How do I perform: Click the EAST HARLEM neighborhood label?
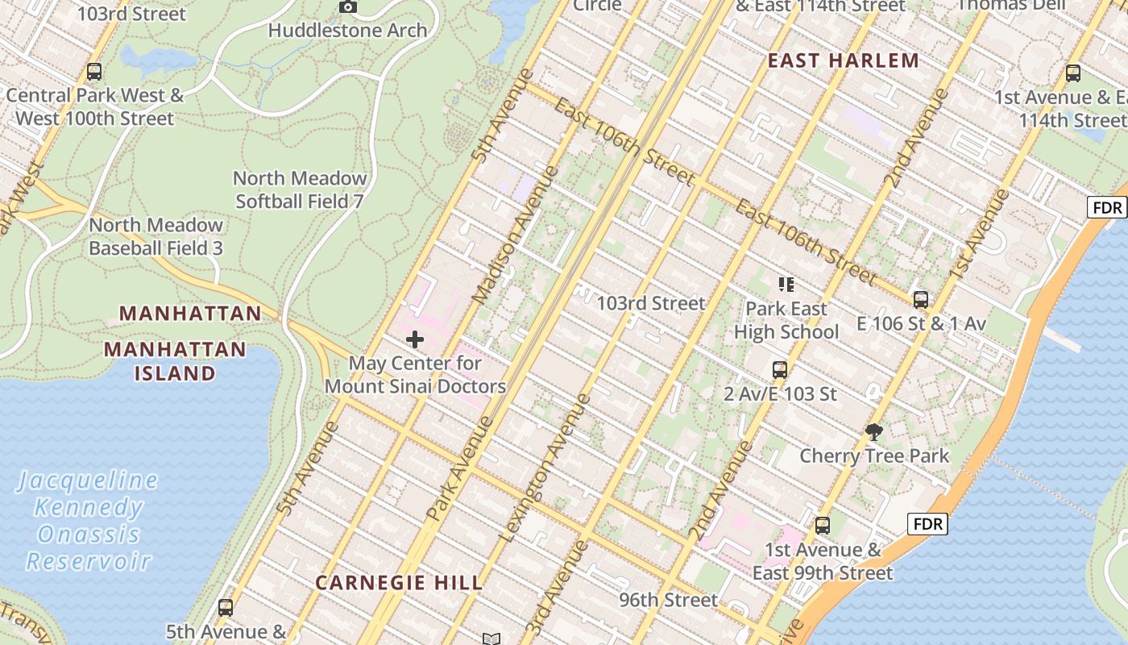pos(843,60)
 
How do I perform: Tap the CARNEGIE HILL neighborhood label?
pos(399,582)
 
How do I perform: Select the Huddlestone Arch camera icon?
pos(348,7)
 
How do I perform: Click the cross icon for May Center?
pos(415,339)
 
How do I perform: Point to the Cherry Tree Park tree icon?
pos(873,432)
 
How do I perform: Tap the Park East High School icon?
pos(786,284)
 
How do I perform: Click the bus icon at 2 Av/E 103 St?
pos(780,370)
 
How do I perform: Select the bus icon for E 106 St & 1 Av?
pos(921,300)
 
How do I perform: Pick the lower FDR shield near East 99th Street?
pos(927,524)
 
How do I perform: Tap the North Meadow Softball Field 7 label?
pos(300,189)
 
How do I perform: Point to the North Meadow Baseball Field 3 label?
pos(156,236)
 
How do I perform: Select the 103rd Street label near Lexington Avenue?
pos(650,303)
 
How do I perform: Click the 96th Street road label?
pos(668,600)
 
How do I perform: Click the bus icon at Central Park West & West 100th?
pos(94,71)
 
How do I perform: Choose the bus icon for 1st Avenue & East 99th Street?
pos(822,526)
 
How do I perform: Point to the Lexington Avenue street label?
pos(545,468)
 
